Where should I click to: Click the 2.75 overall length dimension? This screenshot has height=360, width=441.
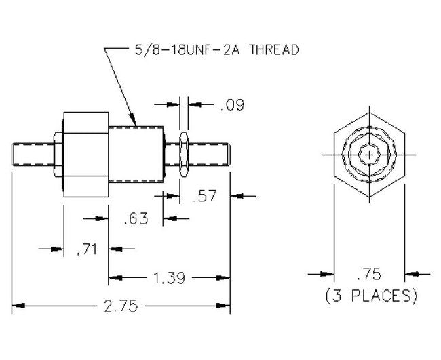122,306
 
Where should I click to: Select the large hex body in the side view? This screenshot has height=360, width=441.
85,153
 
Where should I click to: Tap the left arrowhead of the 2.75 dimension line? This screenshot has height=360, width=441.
17,306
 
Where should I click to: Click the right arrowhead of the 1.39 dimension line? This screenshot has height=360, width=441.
226,277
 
